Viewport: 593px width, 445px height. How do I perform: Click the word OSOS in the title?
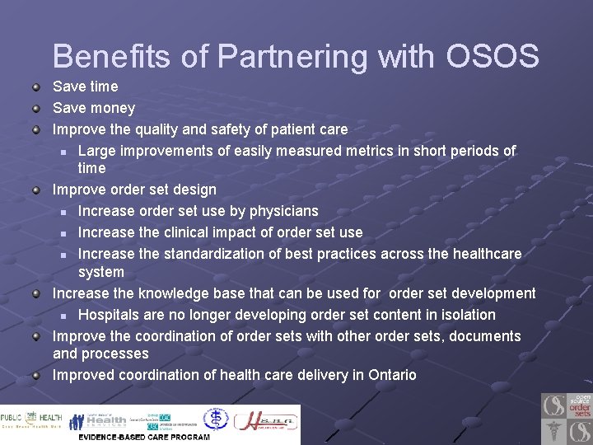[492, 57]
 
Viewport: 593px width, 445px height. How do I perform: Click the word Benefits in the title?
[112, 57]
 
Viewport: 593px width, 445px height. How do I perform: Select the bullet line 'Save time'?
[85, 87]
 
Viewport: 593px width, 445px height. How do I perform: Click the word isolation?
[466, 315]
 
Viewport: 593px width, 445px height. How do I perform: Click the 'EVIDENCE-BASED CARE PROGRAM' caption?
[144, 437]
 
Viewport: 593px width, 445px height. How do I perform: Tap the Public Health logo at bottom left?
[31, 420]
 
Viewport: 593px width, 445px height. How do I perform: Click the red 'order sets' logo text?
[580, 408]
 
